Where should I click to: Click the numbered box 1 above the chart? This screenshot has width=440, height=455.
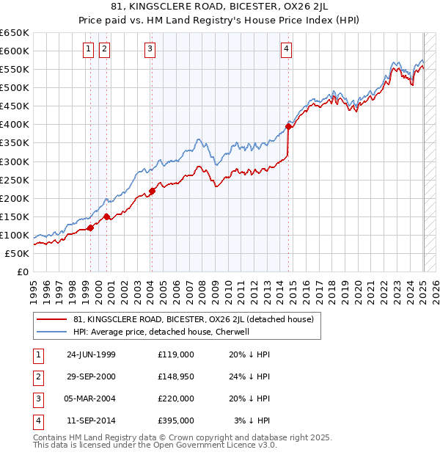pos(89,49)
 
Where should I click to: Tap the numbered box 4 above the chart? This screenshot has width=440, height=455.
pos(286,49)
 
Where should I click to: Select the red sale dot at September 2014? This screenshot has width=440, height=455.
pos(289,126)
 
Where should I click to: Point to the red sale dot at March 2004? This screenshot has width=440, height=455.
pos(152,191)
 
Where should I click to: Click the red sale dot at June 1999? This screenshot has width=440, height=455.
pos(91,227)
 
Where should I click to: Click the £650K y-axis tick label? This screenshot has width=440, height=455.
pos(15,33)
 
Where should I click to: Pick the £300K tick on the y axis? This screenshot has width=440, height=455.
pos(15,161)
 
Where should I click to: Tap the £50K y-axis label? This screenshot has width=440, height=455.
pos(18,253)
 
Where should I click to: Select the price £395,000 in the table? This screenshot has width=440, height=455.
pos(176,421)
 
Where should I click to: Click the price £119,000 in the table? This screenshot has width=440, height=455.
pos(176,354)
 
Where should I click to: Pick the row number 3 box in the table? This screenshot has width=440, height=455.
pos(37,398)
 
